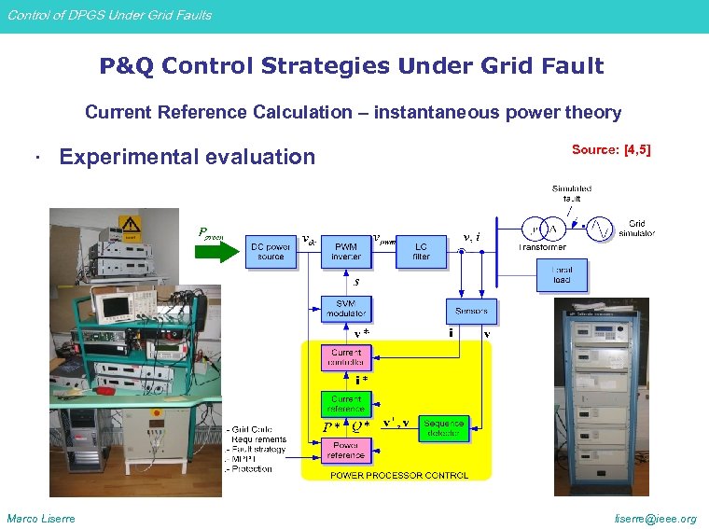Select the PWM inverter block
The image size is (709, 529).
pos(345,251)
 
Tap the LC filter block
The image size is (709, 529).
pos(421,251)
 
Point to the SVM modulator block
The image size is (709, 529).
pos(345,308)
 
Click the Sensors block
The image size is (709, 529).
pos(471,311)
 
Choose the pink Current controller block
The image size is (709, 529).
pos(345,356)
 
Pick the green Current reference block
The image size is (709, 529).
pos(345,404)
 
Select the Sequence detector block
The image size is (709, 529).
pos(442,428)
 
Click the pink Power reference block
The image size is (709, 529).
pos(345,452)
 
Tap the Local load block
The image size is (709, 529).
pos(561,275)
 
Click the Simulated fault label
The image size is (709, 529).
pos(571,193)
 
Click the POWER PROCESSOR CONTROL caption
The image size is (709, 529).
pos(399,475)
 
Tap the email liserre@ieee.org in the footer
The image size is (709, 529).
pos(655,519)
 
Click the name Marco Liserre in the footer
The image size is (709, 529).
pos(41,519)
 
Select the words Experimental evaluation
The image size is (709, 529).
pos(187,157)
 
